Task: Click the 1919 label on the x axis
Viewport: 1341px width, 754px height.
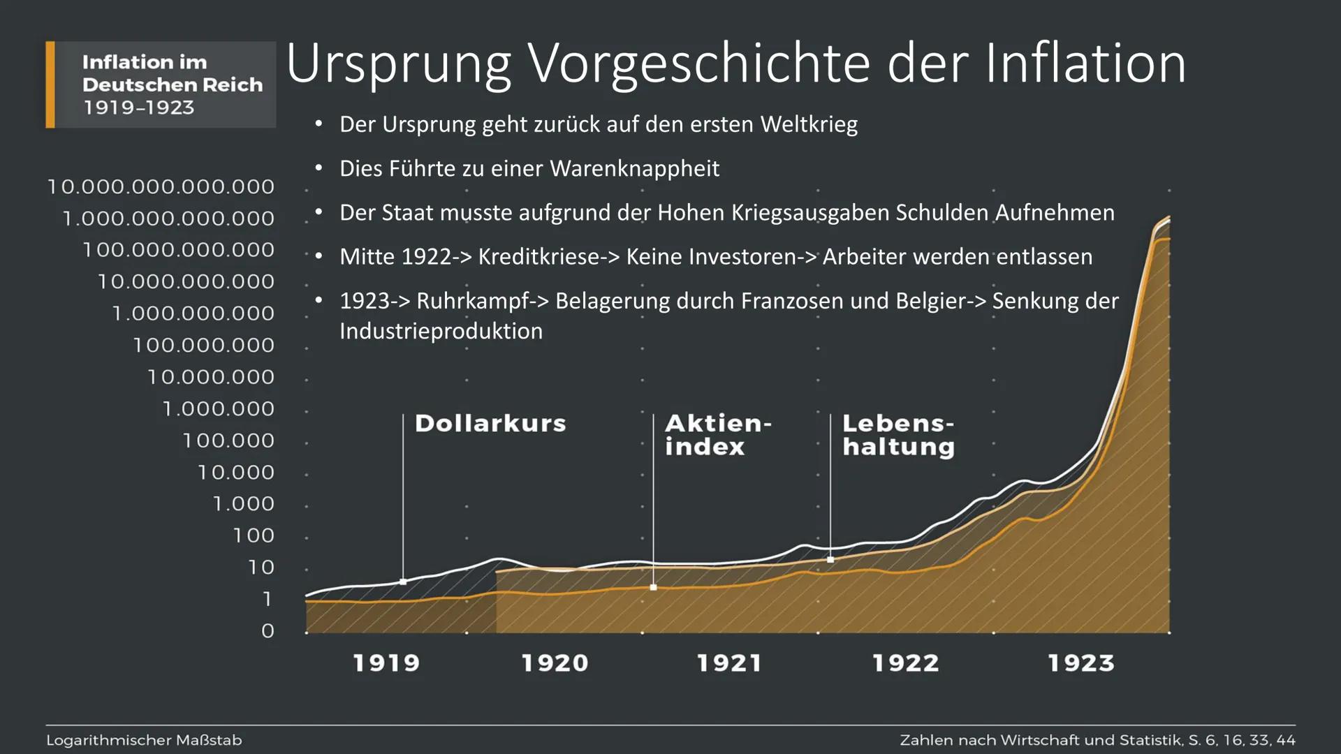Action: tap(386, 663)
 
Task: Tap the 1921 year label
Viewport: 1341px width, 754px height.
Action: tap(729, 663)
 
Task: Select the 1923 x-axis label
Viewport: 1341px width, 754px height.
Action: tap(1080, 663)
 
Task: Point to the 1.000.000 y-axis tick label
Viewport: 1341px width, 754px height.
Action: tap(219, 408)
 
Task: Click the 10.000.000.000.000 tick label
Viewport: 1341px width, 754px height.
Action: tap(161, 186)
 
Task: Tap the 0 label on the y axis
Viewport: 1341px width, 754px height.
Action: tap(268, 631)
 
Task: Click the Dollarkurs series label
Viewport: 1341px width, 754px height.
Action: tap(490, 423)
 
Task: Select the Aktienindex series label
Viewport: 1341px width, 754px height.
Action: tap(717, 434)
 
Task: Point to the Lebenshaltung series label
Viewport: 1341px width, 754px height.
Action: tap(898, 434)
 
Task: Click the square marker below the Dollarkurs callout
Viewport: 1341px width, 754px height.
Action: tap(403, 582)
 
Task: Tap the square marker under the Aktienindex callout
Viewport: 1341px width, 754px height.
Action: tap(654, 588)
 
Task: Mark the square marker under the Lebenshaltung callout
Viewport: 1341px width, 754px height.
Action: tap(830, 560)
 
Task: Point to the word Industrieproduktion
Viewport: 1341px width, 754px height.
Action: tap(441, 331)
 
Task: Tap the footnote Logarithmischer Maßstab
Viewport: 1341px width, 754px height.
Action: tap(144, 740)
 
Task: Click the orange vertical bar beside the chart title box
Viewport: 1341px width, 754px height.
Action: tap(50, 84)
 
